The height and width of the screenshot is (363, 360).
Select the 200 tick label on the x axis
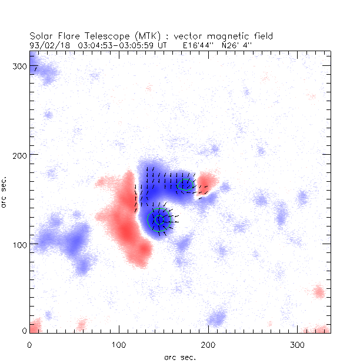click(207, 343)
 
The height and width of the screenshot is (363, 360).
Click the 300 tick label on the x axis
click(296, 343)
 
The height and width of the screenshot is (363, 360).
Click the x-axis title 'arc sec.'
click(179, 357)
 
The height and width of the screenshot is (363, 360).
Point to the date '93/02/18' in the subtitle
click(44, 45)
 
